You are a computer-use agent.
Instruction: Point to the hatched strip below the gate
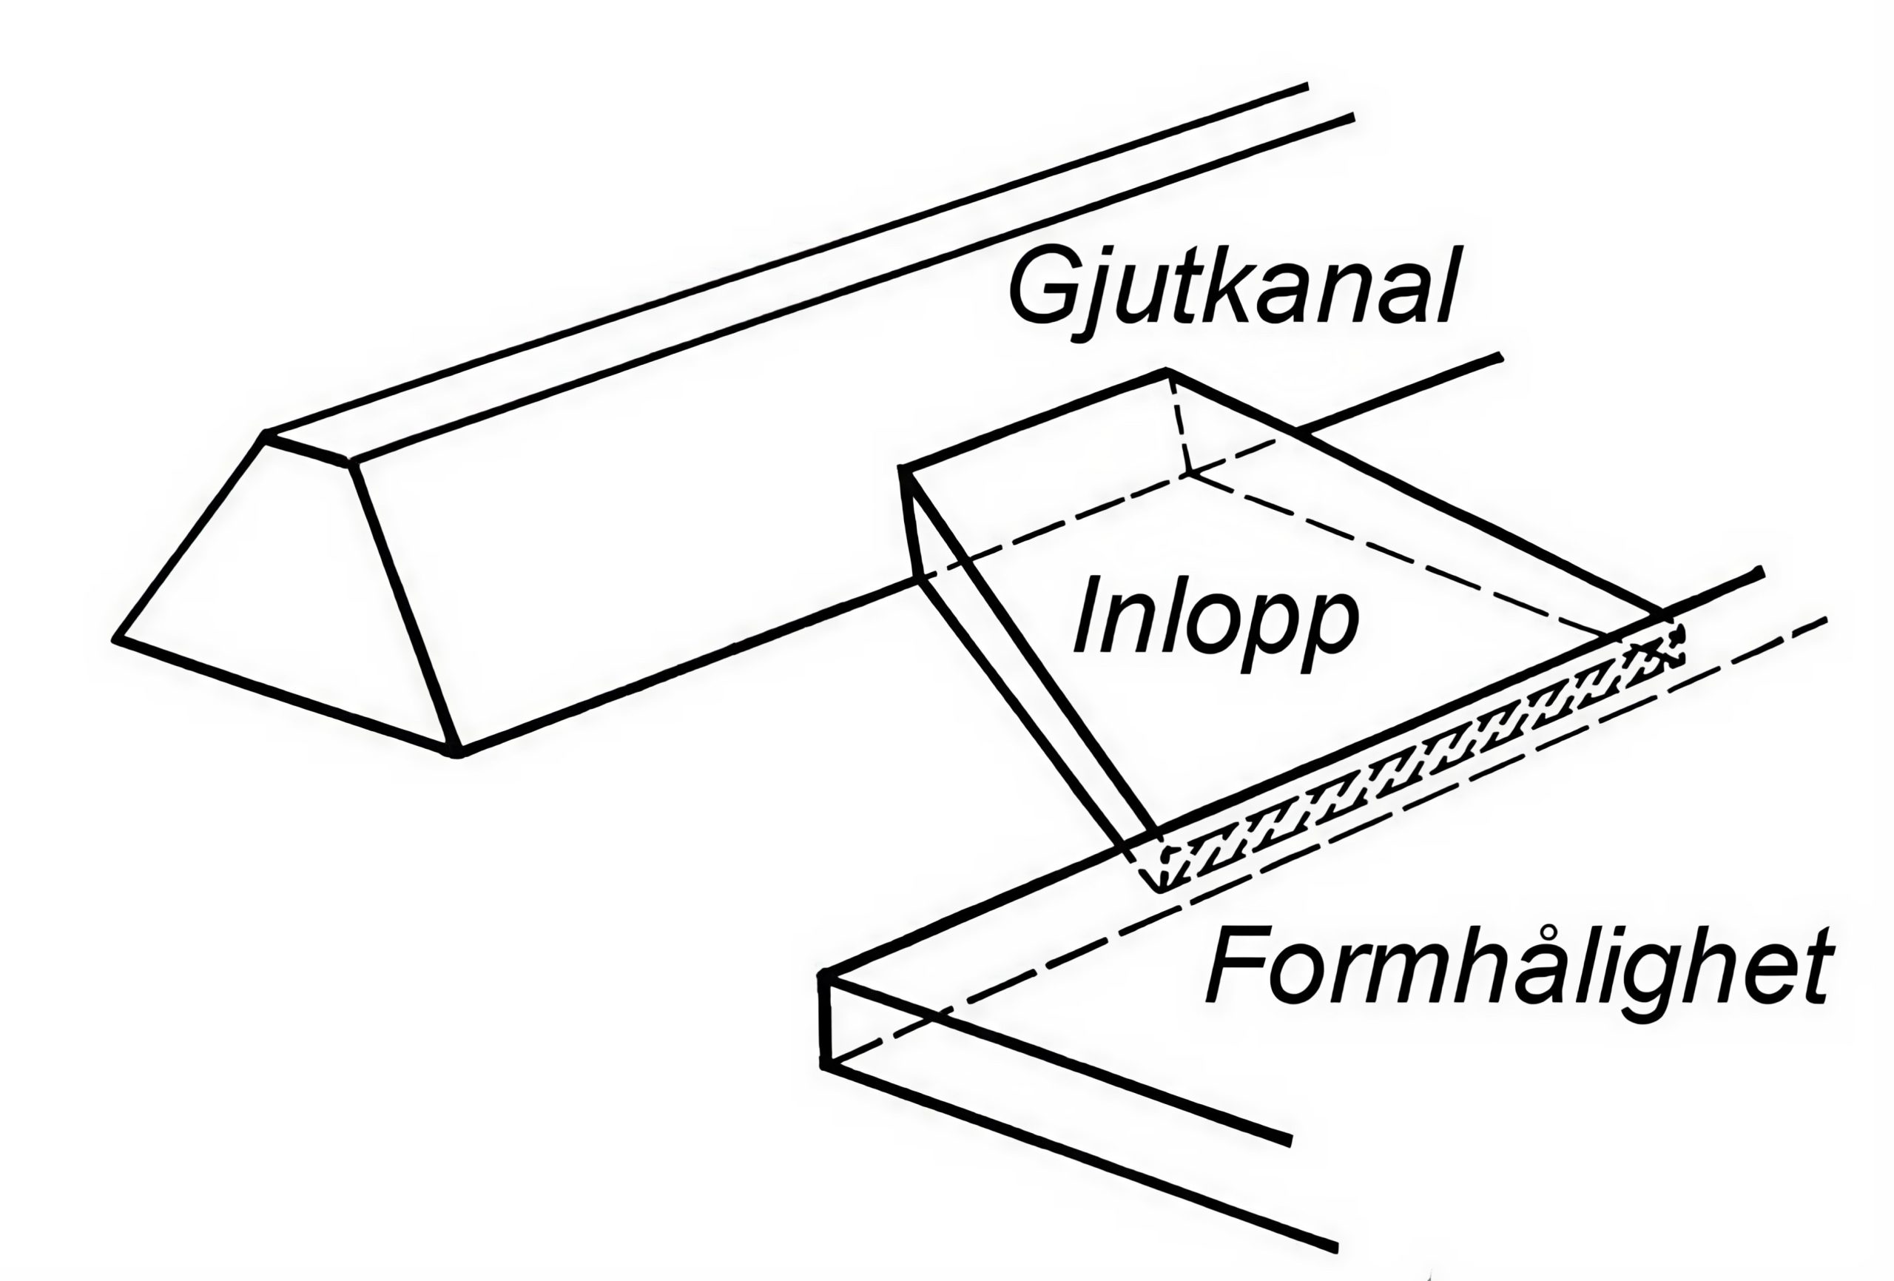tap(1418, 762)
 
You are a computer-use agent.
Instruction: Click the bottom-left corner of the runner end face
tap(115, 639)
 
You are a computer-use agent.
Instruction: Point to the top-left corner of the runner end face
tap(265, 434)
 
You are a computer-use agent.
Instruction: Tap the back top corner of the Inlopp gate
tap(1167, 371)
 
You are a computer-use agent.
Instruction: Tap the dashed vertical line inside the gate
tap(1179, 424)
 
